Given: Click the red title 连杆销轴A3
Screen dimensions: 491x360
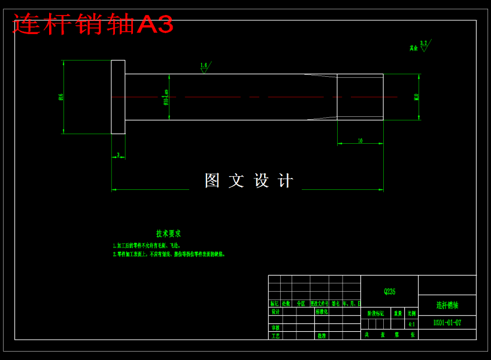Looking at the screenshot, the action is (93, 25).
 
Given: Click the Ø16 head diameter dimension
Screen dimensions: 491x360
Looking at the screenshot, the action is (61, 96).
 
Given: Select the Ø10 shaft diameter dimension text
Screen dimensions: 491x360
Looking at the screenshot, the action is (166, 97).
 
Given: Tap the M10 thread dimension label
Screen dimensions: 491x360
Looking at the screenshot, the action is (416, 96).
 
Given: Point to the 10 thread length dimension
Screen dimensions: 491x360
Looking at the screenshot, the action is (360, 141).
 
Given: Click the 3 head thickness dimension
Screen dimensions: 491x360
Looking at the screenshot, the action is (118, 155).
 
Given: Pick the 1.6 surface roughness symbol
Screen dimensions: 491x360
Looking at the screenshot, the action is (204, 66).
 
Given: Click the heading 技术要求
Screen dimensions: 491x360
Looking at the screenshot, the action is (168, 234).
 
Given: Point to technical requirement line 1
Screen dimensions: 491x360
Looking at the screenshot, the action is (147, 246).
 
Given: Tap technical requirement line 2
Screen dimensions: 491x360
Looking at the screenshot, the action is (169, 254).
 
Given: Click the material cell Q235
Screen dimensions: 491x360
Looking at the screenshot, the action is (389, 292).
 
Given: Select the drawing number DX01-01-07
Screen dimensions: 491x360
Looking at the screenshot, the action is (447, 323).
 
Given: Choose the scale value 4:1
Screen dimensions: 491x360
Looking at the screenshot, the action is (411, 324).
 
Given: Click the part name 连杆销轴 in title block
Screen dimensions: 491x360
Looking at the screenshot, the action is (447, 305).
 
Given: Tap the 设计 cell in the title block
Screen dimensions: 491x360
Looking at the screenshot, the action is (275, 311).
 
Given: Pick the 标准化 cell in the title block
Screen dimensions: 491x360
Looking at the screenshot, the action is (322, 311).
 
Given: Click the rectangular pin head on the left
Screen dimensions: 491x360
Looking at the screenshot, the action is (118, 96).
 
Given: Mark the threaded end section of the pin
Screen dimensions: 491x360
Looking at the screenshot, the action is (360, 96).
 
